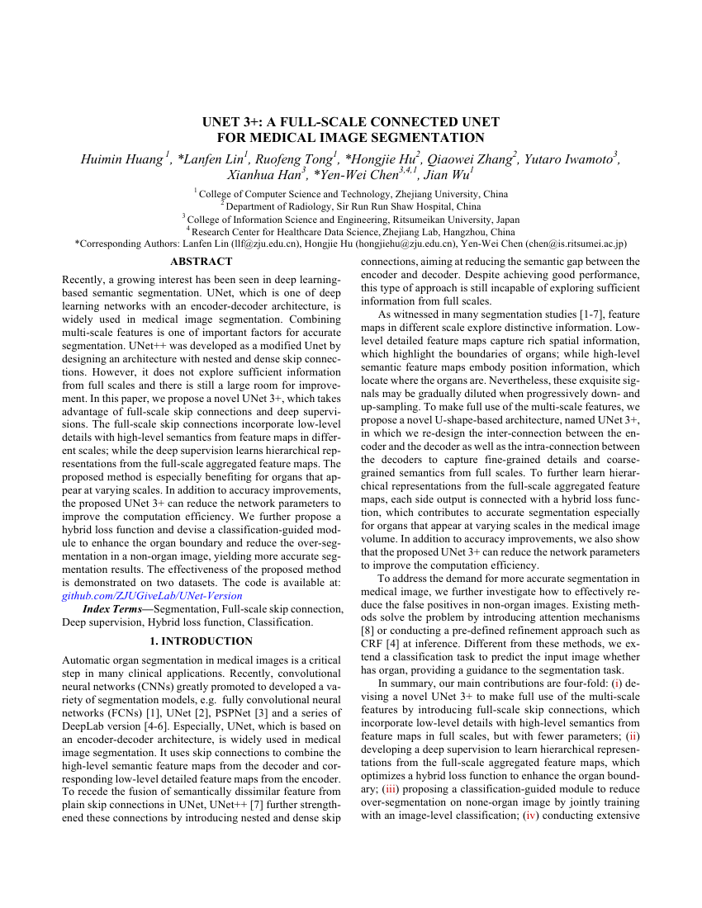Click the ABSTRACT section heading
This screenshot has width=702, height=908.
coord(201,262)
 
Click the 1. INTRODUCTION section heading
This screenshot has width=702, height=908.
coord(201,641)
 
